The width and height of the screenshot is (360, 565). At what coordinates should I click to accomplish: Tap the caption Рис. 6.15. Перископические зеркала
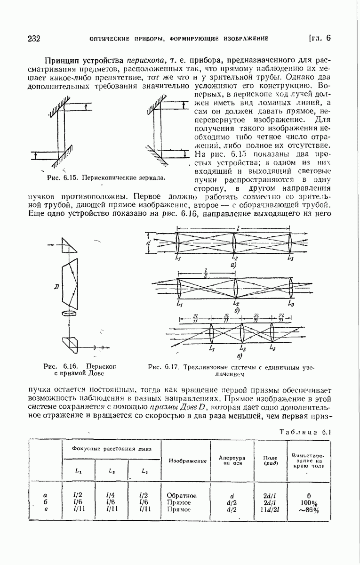tap(105, 178)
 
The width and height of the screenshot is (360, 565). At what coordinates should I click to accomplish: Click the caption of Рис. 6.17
tap(230, 370)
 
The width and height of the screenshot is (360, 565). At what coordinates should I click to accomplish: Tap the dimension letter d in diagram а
tap(149, 243)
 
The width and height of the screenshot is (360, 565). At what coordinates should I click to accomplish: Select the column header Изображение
tap(188, 461)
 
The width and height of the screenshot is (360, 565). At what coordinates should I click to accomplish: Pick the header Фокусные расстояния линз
tap(112, 449)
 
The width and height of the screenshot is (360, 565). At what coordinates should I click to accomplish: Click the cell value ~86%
tap(309, 510)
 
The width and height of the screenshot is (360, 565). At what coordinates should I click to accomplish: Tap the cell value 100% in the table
tap(309, 503)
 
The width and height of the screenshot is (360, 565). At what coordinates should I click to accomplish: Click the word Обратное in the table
tap(182, 496)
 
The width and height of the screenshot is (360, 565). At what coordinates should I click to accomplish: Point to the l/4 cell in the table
tap(112, 495)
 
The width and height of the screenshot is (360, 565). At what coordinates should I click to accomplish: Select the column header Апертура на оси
tap(232, 460)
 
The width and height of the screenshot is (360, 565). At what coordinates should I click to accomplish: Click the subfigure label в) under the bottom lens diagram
tap(240, 356)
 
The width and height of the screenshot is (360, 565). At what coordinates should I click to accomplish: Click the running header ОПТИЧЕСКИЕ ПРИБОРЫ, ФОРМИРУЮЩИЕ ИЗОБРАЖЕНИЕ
tap(178, 39)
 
